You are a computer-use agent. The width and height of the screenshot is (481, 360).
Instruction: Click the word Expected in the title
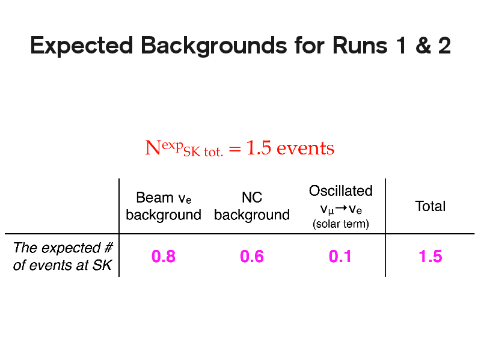pyautogui.click(x=82, y=46)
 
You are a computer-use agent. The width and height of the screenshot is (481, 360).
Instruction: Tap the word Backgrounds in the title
pyautogui.click(x=214, y=46)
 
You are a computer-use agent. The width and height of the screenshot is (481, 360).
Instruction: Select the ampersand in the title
pyautogui.click(x=423, y=46)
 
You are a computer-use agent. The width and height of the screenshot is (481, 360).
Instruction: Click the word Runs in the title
pyautogui.click(x=360, y=46)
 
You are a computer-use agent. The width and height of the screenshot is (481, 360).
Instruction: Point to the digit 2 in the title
pyautogui.click(x=444, y=46)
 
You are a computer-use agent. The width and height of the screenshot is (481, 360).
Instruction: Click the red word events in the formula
pyautogui.click(x=305, y=148)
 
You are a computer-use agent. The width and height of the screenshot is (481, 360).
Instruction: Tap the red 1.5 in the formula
pyautogui.click(x=259, y=147)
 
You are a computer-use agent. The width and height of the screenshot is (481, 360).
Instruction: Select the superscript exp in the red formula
pyautogui.click(x=173, y=145)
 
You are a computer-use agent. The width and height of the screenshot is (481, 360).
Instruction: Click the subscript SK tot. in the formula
pyautogui.click(x=203, y=152)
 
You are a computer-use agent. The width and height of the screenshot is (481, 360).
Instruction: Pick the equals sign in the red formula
pyautogui.click(x=235, y=149)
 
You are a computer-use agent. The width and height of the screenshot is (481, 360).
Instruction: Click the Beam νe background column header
pyautogui.click(x=164, y=206)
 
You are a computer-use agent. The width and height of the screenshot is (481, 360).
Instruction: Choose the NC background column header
pyautogui.click(x=252, y=206)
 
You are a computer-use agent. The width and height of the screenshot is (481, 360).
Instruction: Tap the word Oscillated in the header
pyautogui.click(x=340, y=191)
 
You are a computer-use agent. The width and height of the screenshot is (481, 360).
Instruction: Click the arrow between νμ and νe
pyautogui.click(x=341, y=208)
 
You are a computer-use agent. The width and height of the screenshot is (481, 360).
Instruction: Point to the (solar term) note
pyautogui.click(x=340, y=224)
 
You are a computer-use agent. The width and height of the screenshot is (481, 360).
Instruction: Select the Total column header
pyautogui.click(x=430, y=206)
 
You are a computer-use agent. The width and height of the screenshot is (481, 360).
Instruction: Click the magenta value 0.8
pyautogui.click(x=164, y=257)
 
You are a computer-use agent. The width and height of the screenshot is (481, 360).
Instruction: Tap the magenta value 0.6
pyautogui.click(x=252, y=257)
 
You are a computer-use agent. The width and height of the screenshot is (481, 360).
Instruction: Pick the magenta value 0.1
pyautogui.click(x=340, y=257)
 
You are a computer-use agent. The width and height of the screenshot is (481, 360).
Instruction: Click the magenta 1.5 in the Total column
pyautogui.click(x=430, y=257)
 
